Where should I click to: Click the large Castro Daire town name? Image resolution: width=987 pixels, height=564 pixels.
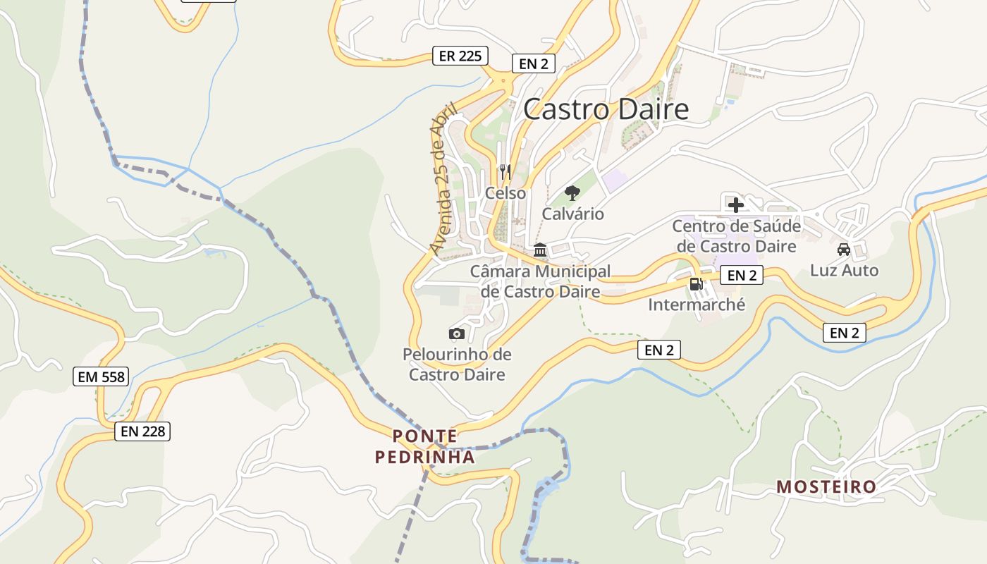tap(606, 109)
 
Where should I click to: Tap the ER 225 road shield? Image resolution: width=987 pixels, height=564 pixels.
tap(460, 56)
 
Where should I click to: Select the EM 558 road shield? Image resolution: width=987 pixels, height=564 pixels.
tap(102, 376)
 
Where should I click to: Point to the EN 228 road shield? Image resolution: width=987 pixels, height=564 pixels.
tap(143, 431)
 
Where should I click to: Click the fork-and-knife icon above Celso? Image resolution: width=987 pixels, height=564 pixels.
tap(505, 171)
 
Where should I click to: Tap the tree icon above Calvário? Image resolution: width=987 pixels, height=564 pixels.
tap(572, 192)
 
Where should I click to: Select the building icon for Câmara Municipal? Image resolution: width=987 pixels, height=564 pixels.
tap(541, 250)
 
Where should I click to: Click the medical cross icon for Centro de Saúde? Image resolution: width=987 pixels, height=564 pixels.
tap(736, 205)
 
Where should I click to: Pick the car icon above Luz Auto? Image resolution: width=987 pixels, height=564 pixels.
tap(844, 249)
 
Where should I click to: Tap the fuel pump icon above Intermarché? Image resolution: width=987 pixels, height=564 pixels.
tap(696, 283)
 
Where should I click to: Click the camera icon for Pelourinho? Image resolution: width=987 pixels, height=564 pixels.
tap(457, 333)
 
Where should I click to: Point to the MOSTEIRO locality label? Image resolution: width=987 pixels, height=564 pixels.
tap(826, 486)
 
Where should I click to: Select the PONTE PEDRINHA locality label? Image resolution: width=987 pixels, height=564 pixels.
tap(424, 446)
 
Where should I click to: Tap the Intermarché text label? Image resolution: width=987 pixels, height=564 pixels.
tap(697, 305)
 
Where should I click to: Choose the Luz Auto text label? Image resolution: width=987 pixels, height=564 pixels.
tap(844, 270)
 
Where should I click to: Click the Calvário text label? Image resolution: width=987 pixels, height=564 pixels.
tap(572, 214)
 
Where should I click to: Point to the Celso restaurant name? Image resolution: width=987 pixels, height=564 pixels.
tap(505, 192)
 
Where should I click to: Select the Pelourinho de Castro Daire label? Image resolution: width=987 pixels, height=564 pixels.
tap(457, 364)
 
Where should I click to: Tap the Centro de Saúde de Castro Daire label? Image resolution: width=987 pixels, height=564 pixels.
tap(736, 236)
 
